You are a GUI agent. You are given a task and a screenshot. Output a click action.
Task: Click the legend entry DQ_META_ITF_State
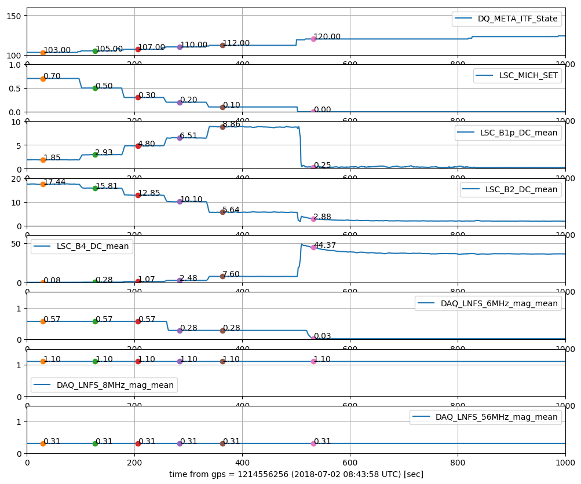pos(517,19)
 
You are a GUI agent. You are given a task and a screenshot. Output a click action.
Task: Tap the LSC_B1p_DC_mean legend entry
pos(518,133)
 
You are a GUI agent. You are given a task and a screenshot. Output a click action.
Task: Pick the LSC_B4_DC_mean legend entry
pos(93,246)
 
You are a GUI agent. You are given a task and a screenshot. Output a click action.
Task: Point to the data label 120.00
pos(327,37)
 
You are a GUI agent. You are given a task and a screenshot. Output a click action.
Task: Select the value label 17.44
pos(54,182)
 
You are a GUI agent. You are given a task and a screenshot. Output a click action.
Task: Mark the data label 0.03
pos(323,336)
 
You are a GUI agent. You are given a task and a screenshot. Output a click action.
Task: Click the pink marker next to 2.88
pos(313,219)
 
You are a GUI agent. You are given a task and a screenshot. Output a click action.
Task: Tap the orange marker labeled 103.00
pos(43,53)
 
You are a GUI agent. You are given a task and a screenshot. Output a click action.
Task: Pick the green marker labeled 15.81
pos(95,188)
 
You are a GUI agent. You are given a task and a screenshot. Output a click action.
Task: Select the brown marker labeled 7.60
pos(222,276)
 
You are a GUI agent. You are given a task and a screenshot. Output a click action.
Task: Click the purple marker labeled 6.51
pos(180,138)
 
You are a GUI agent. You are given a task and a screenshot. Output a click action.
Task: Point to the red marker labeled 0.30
pos(138,97)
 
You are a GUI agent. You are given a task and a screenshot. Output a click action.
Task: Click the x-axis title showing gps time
pos(296,475)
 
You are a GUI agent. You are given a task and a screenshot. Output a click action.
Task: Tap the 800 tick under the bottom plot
pos(458,462)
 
